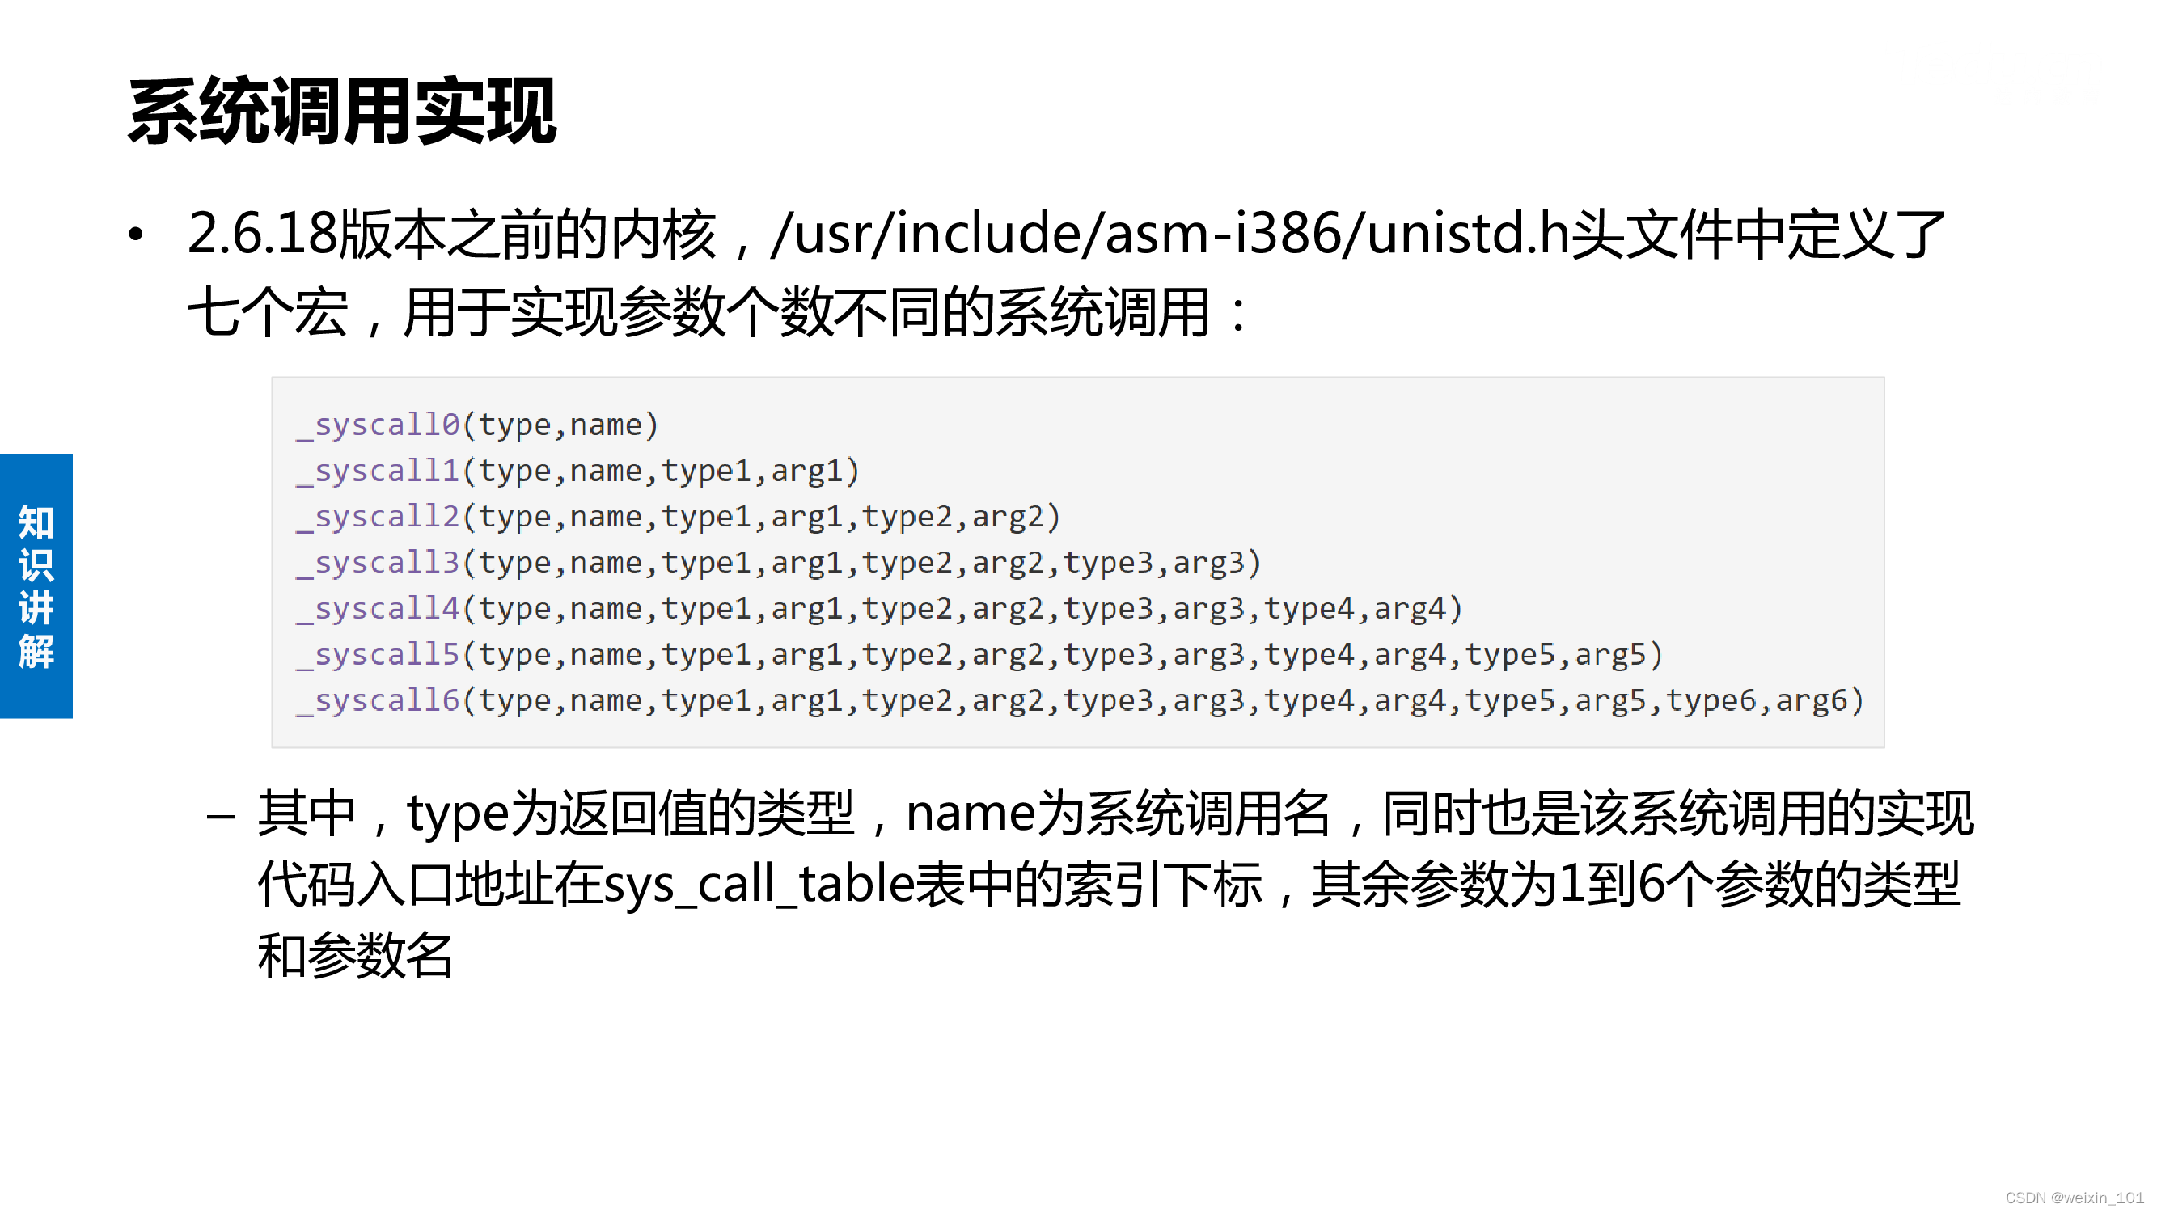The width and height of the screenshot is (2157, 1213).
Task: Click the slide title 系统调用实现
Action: click(341, 112)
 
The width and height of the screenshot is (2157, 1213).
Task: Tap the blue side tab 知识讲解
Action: click(36, 586)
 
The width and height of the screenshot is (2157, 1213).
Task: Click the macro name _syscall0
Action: click(379, 425)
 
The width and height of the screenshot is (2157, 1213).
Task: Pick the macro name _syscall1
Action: click(379, 471)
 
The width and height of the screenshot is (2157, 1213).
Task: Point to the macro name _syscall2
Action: click(379, 518)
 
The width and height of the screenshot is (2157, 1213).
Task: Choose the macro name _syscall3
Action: click(379, 564)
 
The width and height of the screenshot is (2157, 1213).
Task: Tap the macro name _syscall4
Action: click(379, 609)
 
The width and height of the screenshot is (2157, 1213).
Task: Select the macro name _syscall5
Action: click(379, 655)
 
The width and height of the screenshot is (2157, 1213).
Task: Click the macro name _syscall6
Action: click(379, 700)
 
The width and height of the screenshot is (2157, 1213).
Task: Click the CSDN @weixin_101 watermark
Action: click(2075, 1198)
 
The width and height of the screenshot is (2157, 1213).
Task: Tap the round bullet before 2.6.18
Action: click(136, 235)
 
